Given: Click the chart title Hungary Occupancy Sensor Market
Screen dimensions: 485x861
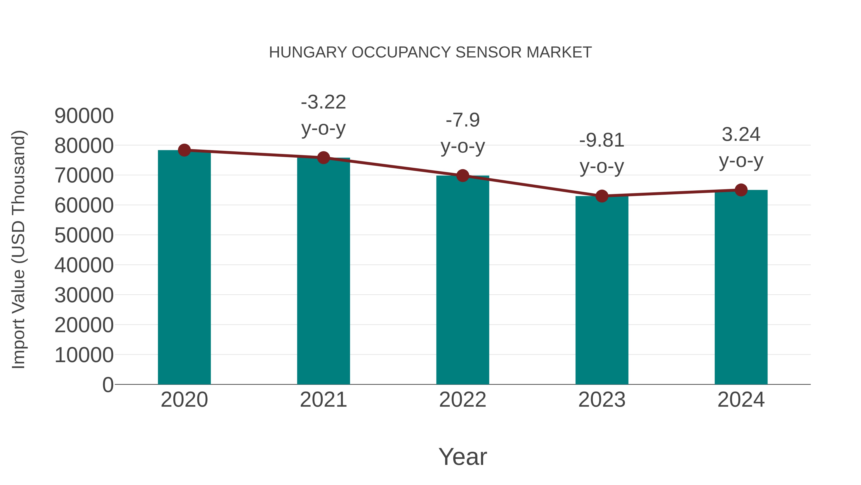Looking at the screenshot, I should (430, 52).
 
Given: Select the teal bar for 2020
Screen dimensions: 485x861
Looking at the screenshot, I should (184, 268).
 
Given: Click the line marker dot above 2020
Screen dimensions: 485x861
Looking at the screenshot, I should (184, 150).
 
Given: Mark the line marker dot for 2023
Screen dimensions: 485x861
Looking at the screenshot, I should (602, 196).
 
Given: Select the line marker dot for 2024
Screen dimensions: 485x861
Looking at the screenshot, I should (741, 190).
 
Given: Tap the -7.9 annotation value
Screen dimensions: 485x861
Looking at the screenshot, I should (463, 120).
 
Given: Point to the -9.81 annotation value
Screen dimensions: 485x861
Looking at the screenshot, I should (602, 140).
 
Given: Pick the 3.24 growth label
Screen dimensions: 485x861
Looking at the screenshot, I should (741, 135).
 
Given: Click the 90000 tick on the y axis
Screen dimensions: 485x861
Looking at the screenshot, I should (84, 116).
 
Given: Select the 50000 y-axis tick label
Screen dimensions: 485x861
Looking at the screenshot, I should (84, 235).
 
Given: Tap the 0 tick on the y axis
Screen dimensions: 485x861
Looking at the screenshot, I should (108, 385).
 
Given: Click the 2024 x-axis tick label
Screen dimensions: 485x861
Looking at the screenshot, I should (741, 400).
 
